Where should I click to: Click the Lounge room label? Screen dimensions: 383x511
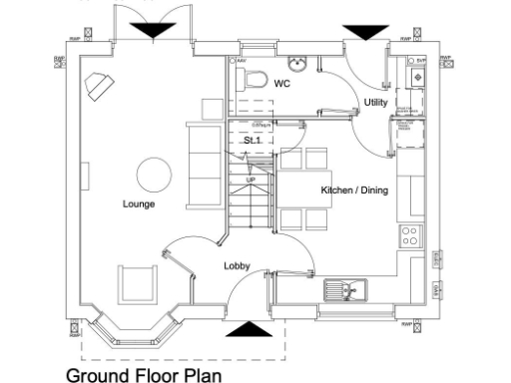(139, 203)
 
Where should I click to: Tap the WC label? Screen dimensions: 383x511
(282, 84)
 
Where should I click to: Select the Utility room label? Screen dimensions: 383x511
(376, 103)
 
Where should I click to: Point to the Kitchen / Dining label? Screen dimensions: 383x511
(354, 190)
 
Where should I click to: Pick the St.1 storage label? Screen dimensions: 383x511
(253, 142)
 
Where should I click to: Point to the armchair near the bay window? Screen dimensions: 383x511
(137, 285)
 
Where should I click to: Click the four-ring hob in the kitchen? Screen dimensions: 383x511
(409, 235)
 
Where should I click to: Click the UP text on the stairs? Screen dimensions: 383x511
(252, 180)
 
